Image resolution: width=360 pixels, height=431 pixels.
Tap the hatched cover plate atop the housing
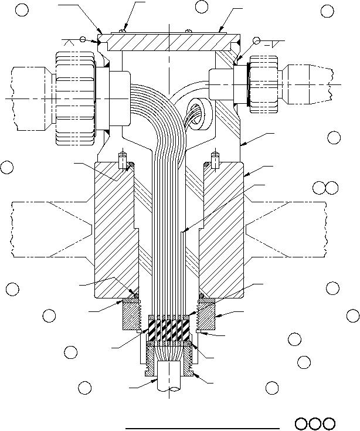(x=169, y=43)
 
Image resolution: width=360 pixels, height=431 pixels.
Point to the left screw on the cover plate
(x=121, y=30)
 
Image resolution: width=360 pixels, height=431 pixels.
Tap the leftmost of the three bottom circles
(x=302, y=423)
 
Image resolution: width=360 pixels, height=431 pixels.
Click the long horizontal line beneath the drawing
(x=202, y=429)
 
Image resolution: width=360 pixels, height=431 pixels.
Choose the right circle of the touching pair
(x=331, y=188)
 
